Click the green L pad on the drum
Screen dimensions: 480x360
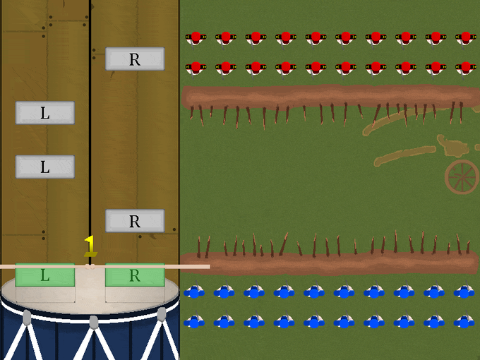[x=44, y=275]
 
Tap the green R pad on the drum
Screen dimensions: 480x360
[x=135, y=275]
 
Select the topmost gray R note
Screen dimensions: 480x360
[x=135, y=59]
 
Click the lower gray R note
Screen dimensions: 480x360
[x=135, y=221]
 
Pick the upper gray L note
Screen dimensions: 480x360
[x=44, y=113]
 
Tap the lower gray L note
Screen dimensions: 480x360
[x=44, y=167]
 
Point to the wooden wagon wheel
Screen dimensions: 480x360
[x=462, y=176]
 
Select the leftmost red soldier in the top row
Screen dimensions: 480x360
[x=196, y=37]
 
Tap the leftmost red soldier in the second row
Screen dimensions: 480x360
[x=196, y=68]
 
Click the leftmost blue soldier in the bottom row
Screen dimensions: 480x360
[x=194, y=322]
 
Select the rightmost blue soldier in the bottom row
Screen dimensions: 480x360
[x=464, y=322]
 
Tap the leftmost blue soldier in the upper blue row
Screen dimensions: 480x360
[x=194, y=292]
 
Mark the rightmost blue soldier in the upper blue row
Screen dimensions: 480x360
[x=464, y=292]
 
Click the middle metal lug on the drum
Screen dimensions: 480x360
[x=94, y=322]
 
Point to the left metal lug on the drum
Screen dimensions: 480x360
[x=27, y=318]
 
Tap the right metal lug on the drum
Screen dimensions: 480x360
[x=162, y=314]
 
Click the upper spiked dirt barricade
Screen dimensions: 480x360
[x=328, y=97]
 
